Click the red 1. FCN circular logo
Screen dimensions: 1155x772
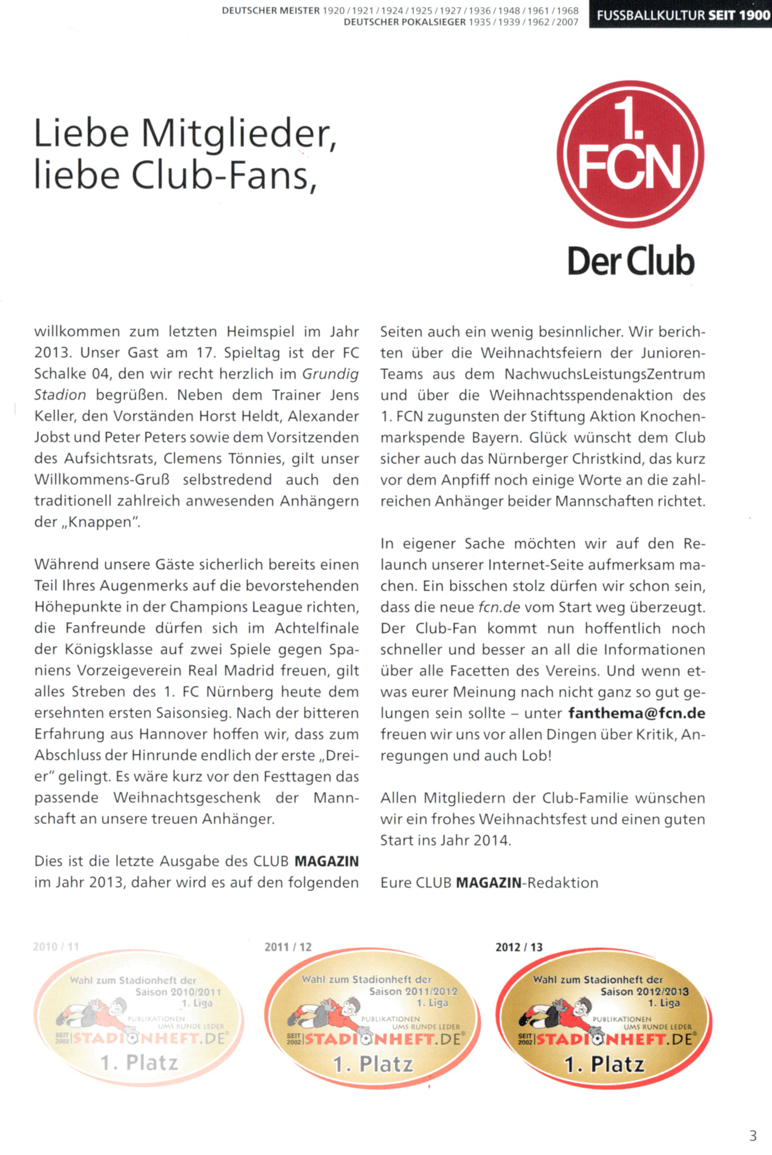click(x=630, y=154)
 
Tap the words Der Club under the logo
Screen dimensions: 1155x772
click(x=630, y=261)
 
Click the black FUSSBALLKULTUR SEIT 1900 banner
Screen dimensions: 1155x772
click(x=681, y=15)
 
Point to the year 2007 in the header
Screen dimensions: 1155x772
click(x=567, y=23)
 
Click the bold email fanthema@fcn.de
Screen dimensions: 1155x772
click(x=637, y=713)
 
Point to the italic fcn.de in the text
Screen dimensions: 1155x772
click(x=499, y=607)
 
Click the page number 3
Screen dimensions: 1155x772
click(x=753, y=1136)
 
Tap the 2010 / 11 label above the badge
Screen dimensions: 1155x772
click(x=56, y=947)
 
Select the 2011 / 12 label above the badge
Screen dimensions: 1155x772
click(x=288, y=947)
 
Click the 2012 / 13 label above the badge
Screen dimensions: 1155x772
click(x=519, y=947)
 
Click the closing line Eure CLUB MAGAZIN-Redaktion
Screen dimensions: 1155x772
click(x=489, y=883)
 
